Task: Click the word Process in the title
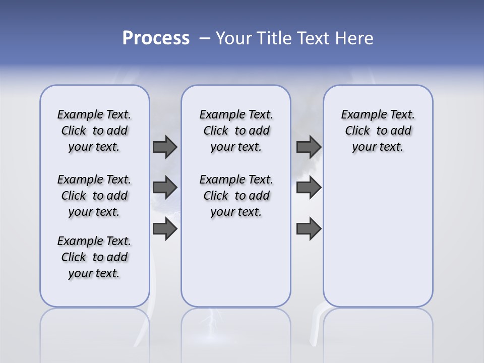(x=156, y=38)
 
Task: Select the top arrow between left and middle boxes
(x=164, y=147)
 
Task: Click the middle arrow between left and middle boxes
(x=164, y=188)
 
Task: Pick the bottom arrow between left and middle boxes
(x=164, y=229)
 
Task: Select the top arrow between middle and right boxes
(x=309, y=147)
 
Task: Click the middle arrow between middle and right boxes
(x=309, y=188)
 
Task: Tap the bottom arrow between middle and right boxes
(x=309, y=229)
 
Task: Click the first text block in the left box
(x=94, y=131)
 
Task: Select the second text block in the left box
(x=94, y=196)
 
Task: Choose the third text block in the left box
(x=94, y=257)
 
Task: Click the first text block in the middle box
(x=236, y=131)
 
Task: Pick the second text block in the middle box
(x=236, y=196)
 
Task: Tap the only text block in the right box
(x=378, y=131)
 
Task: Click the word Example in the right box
(x=359, y=115)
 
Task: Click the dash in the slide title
(x=204, y=38)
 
